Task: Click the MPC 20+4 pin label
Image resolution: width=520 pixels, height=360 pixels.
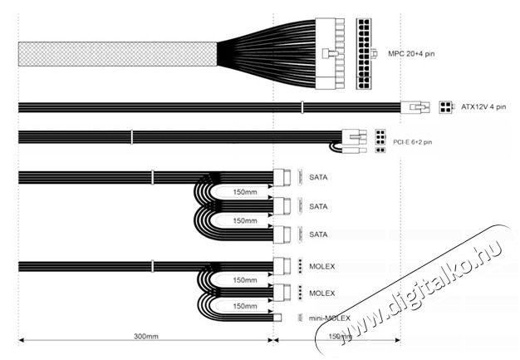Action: coord(411,55)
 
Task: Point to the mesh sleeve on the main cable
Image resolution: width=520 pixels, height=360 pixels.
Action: coord(115,54)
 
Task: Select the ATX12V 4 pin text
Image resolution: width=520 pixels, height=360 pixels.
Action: coord(483,107)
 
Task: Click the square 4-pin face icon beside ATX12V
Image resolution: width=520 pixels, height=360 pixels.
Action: coord(446,107)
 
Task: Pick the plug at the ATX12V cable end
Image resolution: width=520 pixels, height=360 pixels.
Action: coord(415,107)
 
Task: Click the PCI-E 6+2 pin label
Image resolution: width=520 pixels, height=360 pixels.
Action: coord(412,142)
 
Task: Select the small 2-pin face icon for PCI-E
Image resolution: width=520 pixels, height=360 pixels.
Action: coord(380,150)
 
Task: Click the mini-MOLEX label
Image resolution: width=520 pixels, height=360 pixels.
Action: coord(328,318)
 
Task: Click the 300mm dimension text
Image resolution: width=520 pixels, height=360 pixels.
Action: coord(145,338)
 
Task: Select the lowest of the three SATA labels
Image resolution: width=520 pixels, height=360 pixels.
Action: coord(318,234)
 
